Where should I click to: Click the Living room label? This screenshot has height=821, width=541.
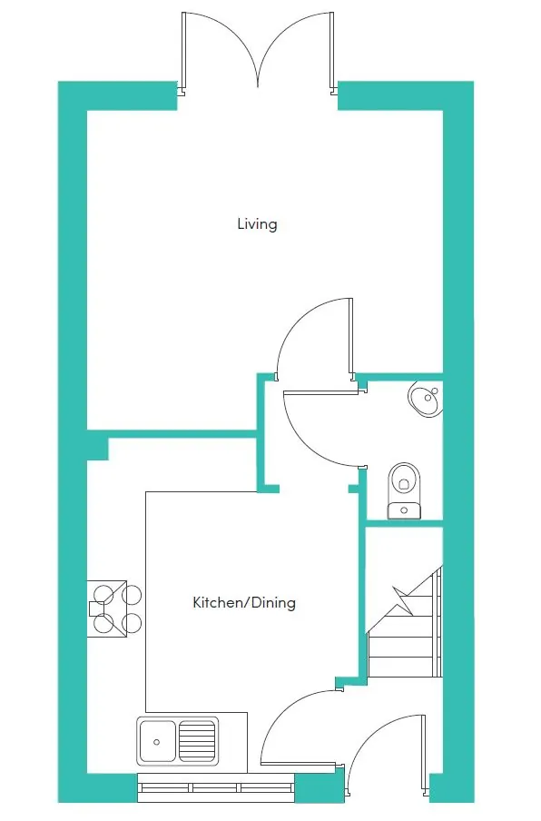click(257, 223)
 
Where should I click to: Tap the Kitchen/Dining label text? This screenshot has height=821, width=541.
click(243, 602)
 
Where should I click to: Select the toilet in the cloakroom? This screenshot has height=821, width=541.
click(403, 481)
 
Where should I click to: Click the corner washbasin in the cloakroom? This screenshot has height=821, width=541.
click(427, 398)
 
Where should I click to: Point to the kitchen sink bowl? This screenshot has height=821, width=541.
click(157, 740)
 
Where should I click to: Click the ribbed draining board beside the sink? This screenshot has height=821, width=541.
click(198, 740)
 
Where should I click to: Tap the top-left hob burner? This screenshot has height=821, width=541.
click(102, 596)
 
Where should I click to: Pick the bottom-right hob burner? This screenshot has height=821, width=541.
click(132, 623)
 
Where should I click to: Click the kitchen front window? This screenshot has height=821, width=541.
click(215, 787)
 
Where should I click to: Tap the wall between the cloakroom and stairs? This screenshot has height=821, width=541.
click(403, 523)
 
